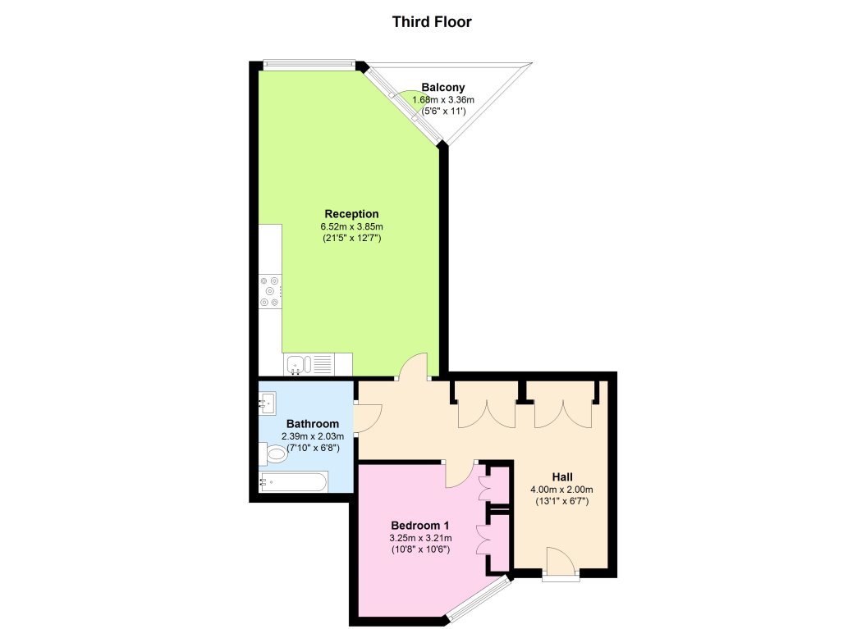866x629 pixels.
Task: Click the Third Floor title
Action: click(432, 22)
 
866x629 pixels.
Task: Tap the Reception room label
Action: click(351, 214)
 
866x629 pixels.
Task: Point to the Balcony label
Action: click(443, 87)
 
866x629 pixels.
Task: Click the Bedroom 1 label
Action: click(419, 525)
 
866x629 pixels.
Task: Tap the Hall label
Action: click(562, 476)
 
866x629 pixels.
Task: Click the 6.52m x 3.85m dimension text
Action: click(351, 226)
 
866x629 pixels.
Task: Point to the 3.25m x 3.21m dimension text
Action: click(419, 538)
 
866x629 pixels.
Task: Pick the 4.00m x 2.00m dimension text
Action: click(562, 490)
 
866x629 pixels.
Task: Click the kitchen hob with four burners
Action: click(271, 291)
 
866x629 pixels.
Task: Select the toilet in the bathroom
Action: click(274, 454)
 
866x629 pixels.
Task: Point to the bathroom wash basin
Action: click(268, 402)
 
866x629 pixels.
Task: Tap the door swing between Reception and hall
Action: click(415, 367)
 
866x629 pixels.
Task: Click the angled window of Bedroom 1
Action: click(480, 599)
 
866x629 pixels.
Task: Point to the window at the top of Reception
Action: click(308, 63)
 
